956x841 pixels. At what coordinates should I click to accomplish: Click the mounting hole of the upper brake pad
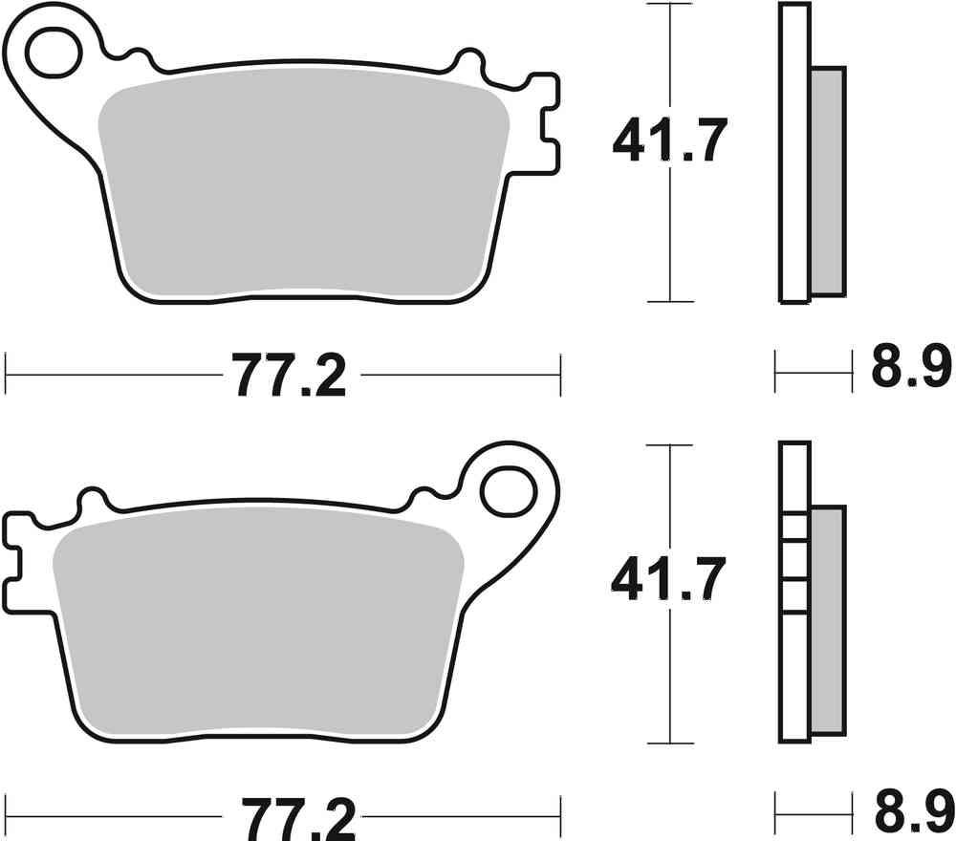(x=53, y=54)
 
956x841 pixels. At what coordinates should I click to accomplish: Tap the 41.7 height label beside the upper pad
(x=670, y=141)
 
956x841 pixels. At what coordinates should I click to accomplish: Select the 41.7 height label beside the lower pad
(x=670, y=580)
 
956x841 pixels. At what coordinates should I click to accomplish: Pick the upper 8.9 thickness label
(x=910, y=369)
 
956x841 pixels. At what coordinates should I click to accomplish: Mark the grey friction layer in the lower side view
(x=828, y=621)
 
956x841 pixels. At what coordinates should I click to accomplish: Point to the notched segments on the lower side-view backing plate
(x=794, y=564)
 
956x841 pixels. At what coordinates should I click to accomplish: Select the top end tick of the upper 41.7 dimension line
(x=669, y=5)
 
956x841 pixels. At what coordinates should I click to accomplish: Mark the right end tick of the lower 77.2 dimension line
(x=560, y=818)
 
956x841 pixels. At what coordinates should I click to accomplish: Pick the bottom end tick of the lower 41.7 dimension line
(x=669, y=743)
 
